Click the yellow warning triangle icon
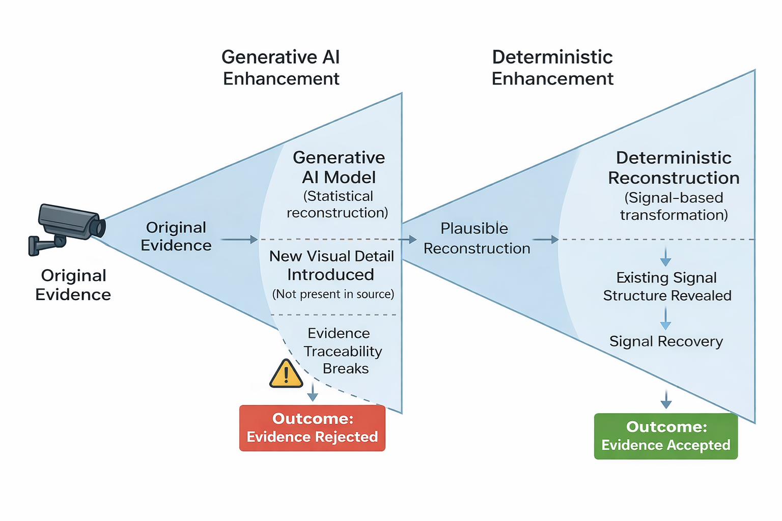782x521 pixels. pos(286,375)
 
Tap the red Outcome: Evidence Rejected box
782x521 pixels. pos(312,428)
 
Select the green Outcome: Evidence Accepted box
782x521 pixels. pos(665,436)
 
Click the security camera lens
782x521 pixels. pos(99,228)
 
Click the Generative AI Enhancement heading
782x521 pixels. pos(281,68)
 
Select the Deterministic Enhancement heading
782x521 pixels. pos(552,68)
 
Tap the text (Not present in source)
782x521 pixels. pos(333,294)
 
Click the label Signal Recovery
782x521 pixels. pos(666,341)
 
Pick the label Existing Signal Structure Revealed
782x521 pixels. pos(667,286)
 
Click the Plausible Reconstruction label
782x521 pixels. pos(476,238)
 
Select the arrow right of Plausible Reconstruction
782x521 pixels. pos(546,239)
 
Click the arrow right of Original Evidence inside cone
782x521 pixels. pos(239,239)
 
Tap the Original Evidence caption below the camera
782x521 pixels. pos(73,285)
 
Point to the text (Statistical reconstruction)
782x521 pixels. pos(338,204)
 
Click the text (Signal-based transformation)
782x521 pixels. pos(674,206)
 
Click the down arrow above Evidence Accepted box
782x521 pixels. pos(666,399)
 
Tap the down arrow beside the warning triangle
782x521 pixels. pos(313,392)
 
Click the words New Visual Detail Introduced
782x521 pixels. pos(331,265)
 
